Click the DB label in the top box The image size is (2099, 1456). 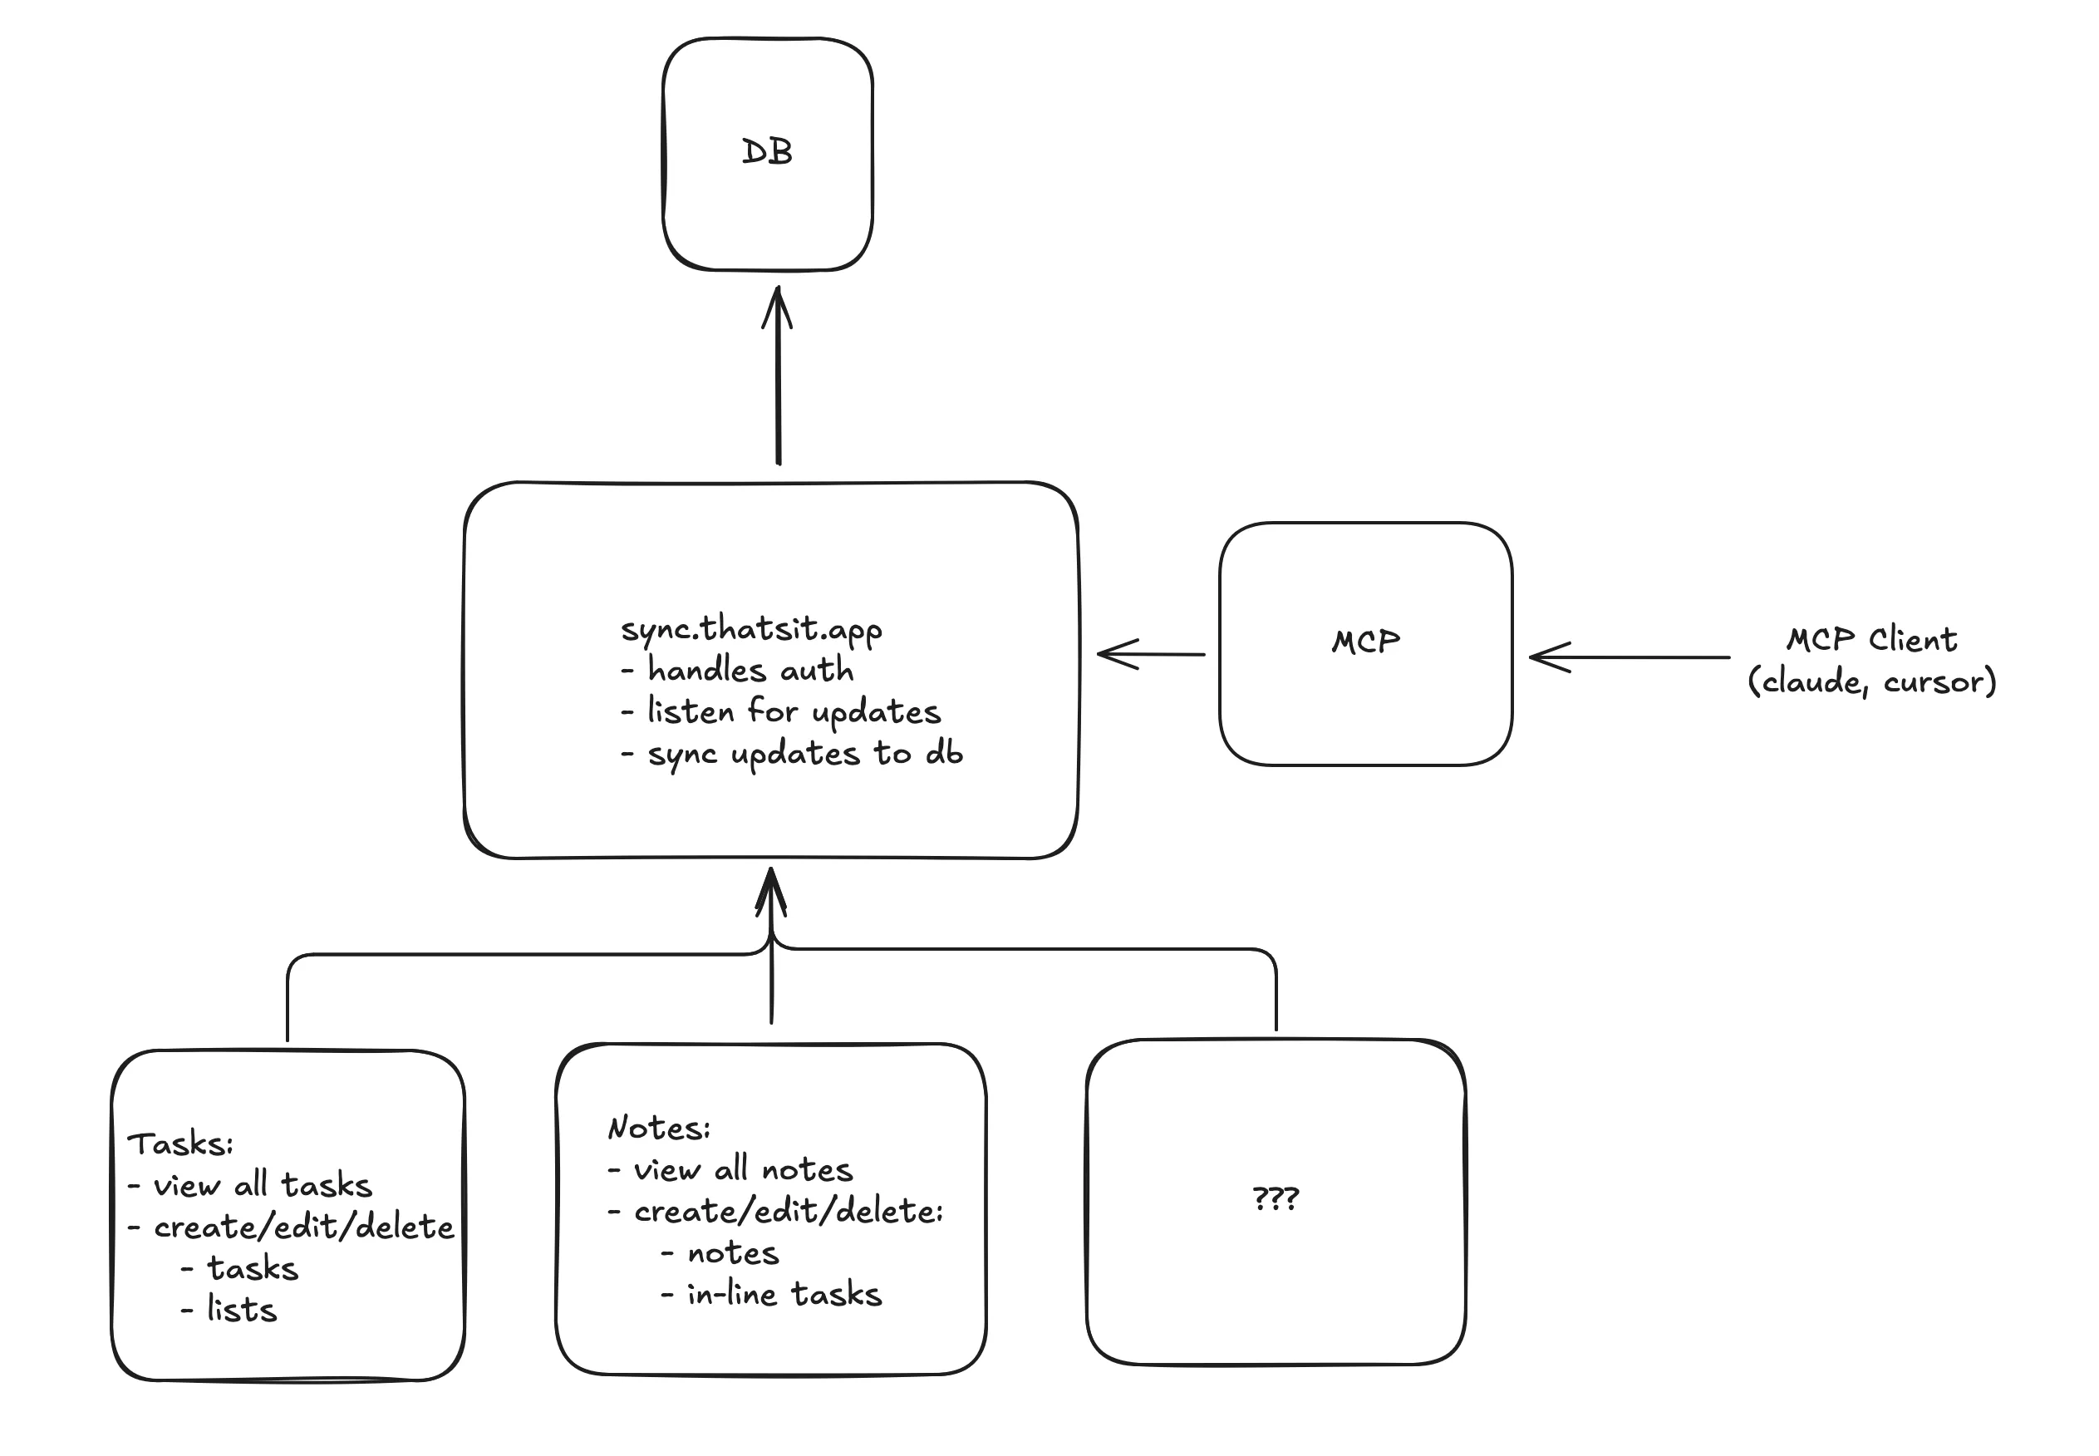[x=766, y=151]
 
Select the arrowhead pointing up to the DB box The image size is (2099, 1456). [x=777, y=306]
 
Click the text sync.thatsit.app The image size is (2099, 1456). [x=750, y=628]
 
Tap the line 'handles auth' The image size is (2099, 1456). [x=750, y=670]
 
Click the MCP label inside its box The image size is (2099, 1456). [x=1364, y=642]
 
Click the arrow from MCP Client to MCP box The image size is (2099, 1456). [x=1629, y=656]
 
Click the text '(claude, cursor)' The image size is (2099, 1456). [x=1871, y=681]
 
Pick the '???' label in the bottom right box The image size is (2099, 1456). [x=1275, y=1197]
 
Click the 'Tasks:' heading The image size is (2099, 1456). [x=179, y=1143]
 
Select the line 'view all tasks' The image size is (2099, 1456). [x=262, y=1184]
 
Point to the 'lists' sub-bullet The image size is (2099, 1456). [x=241, y=1309]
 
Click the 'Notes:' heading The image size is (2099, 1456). [x=659, y=1128]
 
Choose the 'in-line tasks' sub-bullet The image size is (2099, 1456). [x=784, y=1294]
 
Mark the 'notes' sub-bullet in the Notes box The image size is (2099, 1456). [x=733, y=1252]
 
